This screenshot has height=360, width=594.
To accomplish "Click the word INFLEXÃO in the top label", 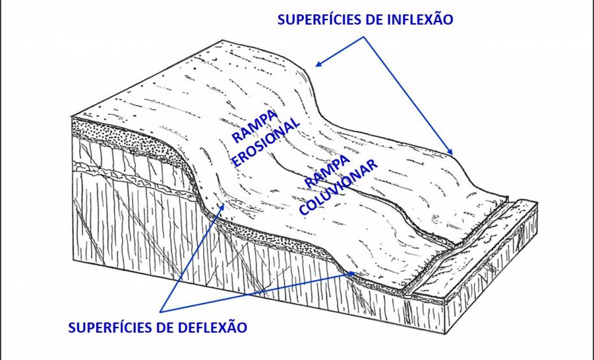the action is coord(419,19).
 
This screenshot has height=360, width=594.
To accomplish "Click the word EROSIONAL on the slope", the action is coord(265,141).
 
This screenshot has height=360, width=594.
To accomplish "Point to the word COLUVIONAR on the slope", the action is coord(338,186).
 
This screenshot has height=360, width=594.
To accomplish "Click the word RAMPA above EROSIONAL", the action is coord(255,126).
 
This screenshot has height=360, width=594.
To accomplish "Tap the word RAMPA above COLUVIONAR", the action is coord(327,171).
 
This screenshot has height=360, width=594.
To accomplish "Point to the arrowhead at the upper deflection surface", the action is coord(221,207).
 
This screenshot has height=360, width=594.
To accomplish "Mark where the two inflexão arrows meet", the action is coord(364,37).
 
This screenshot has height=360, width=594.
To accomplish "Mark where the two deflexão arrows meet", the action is coord(160,312).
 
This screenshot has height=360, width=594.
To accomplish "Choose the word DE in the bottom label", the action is coord(166,328).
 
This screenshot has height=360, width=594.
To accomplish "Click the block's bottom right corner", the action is coord(445,334).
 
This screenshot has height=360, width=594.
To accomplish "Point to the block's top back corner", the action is coord(222,40).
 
